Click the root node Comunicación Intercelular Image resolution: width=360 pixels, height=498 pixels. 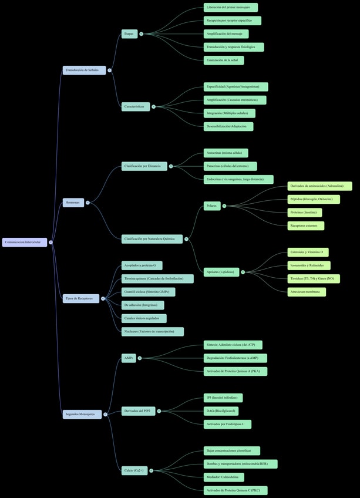click(25, 242)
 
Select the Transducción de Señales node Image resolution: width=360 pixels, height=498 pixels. click(85, 70)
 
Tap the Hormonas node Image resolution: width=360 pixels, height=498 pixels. click(73, 203)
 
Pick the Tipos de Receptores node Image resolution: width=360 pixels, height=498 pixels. click(81, 298)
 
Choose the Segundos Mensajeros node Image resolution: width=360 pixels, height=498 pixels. click(82, 414)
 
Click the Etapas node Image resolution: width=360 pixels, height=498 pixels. click(129, 33)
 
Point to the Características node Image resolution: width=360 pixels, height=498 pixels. click(136, 106)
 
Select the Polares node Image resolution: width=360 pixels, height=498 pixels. click(212, 206)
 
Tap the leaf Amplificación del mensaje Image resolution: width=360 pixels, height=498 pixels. click(226, 34)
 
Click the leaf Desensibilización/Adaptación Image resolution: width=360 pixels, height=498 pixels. click(228, 126)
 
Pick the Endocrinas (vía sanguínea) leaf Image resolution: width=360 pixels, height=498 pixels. click(238, 179)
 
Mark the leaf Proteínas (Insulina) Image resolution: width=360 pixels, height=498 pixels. click(304, 213)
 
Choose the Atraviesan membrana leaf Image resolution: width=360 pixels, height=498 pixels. click(307, 291)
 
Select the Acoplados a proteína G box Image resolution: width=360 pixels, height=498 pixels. click(142, 265)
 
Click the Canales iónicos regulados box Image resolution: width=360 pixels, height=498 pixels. click(144, 318)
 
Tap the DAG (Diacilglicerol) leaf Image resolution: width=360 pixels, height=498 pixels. click(221, 411)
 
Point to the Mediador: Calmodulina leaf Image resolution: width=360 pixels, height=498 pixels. click(223, 477)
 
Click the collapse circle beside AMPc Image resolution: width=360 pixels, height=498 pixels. click(139, 358)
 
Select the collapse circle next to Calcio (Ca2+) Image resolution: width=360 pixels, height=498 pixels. click(152, 470)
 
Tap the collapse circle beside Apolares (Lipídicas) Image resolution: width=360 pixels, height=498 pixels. click(243, 272)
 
